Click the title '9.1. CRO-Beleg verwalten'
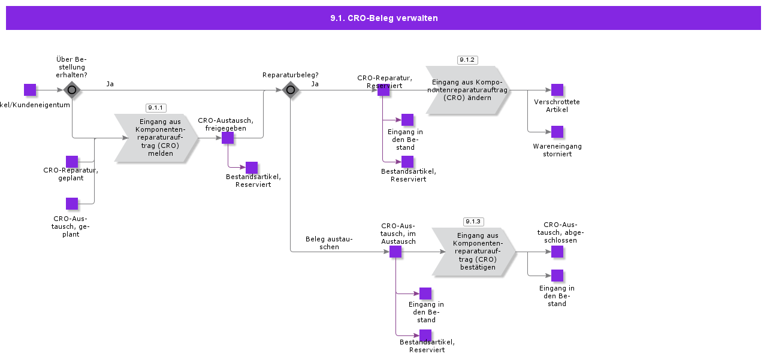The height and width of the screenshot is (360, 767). (x=383, y=18)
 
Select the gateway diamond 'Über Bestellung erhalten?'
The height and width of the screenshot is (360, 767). (x=72, y=90)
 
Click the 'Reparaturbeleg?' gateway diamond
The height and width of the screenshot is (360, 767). (x=291, y=90)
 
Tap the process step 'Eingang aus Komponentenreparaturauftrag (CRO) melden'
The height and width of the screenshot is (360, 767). (x=156, y=138)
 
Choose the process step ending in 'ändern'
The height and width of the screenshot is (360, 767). (x=468, y=90)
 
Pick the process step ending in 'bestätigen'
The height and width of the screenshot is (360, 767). (x=474, y=252)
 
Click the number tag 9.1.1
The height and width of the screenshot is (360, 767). (x=156, y=108)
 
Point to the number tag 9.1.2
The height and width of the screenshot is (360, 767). (x=467, y=60)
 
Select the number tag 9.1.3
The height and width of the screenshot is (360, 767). (x=473, y=222)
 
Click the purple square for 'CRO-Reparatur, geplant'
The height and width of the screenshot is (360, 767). (x=72, y=162)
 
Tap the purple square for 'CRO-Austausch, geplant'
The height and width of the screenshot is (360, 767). (x=72, y=204)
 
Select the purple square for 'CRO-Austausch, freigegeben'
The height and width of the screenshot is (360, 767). (x=228, y=138)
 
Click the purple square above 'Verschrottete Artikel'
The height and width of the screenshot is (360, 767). (x=557, y=90)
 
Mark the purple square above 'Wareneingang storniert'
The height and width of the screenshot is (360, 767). (x=557, y=132)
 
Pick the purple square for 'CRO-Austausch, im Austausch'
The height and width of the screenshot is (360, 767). (x=395, y=252)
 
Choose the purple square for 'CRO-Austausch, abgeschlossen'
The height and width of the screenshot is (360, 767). (x=557, y=252)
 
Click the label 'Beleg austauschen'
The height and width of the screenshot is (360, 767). (x=329, y=243)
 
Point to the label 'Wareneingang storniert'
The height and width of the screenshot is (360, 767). (x=557, y=150)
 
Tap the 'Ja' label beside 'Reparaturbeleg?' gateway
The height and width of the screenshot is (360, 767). (x=315, y=84)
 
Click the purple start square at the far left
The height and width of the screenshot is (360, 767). (x=30, y=90)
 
